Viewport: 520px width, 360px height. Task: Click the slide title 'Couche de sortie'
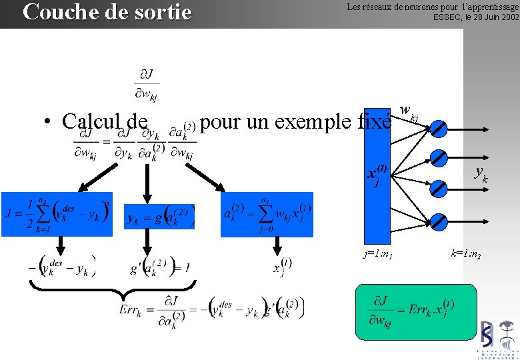[107, 12]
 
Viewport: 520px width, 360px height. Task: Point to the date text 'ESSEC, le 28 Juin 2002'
[475, 17]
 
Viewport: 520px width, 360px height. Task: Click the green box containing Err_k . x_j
[416, 312]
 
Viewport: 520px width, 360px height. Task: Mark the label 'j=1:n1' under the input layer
[379, 254]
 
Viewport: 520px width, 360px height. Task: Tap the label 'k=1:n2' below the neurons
[467, 254]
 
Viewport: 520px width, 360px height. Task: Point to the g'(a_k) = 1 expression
[160, 267]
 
